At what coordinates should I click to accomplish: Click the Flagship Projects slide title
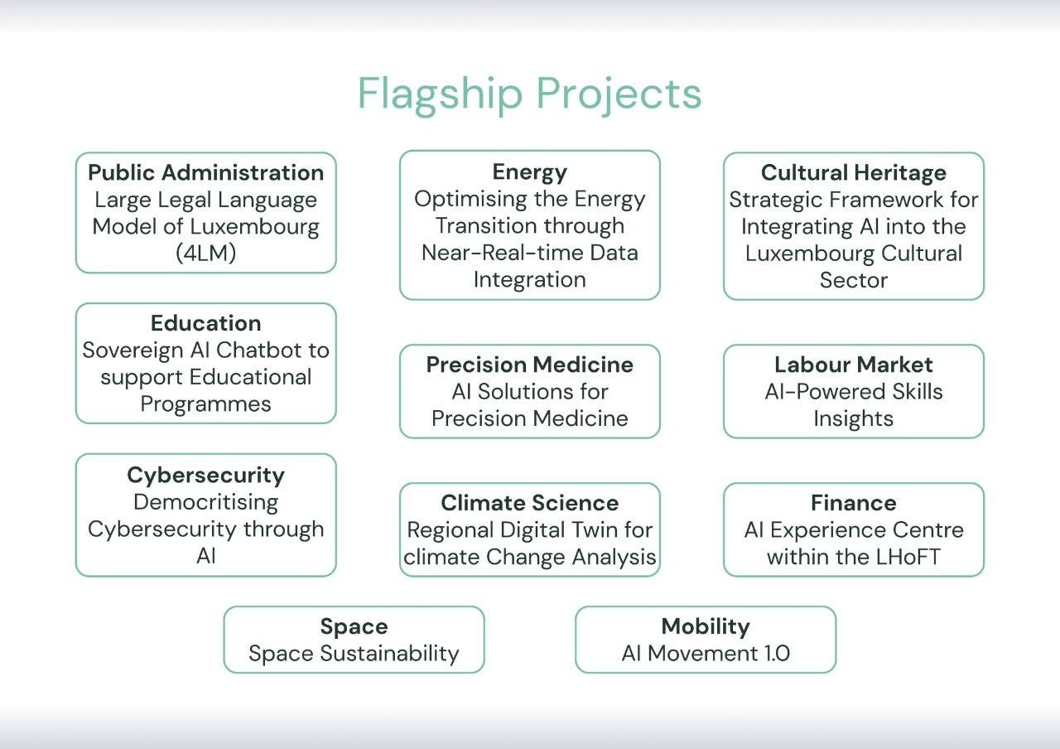point(529,94)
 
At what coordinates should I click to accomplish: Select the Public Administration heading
point(206,173)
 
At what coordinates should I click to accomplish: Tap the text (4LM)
point(206,254)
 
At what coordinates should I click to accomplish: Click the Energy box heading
point(529,172)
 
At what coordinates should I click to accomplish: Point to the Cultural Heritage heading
point(853,173)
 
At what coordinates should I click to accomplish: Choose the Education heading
point(206,323)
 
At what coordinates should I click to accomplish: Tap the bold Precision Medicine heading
point(529,365)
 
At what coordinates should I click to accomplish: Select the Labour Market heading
point(853,365)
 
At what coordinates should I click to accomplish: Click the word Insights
point(853,418)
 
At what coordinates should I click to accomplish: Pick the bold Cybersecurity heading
point(206,476)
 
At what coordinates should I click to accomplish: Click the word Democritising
point(206,502)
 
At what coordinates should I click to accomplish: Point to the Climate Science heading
point(529,503)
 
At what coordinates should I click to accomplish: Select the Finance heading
point(853,503)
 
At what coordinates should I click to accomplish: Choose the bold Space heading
point(354,626)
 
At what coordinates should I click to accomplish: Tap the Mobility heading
point(706,626)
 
